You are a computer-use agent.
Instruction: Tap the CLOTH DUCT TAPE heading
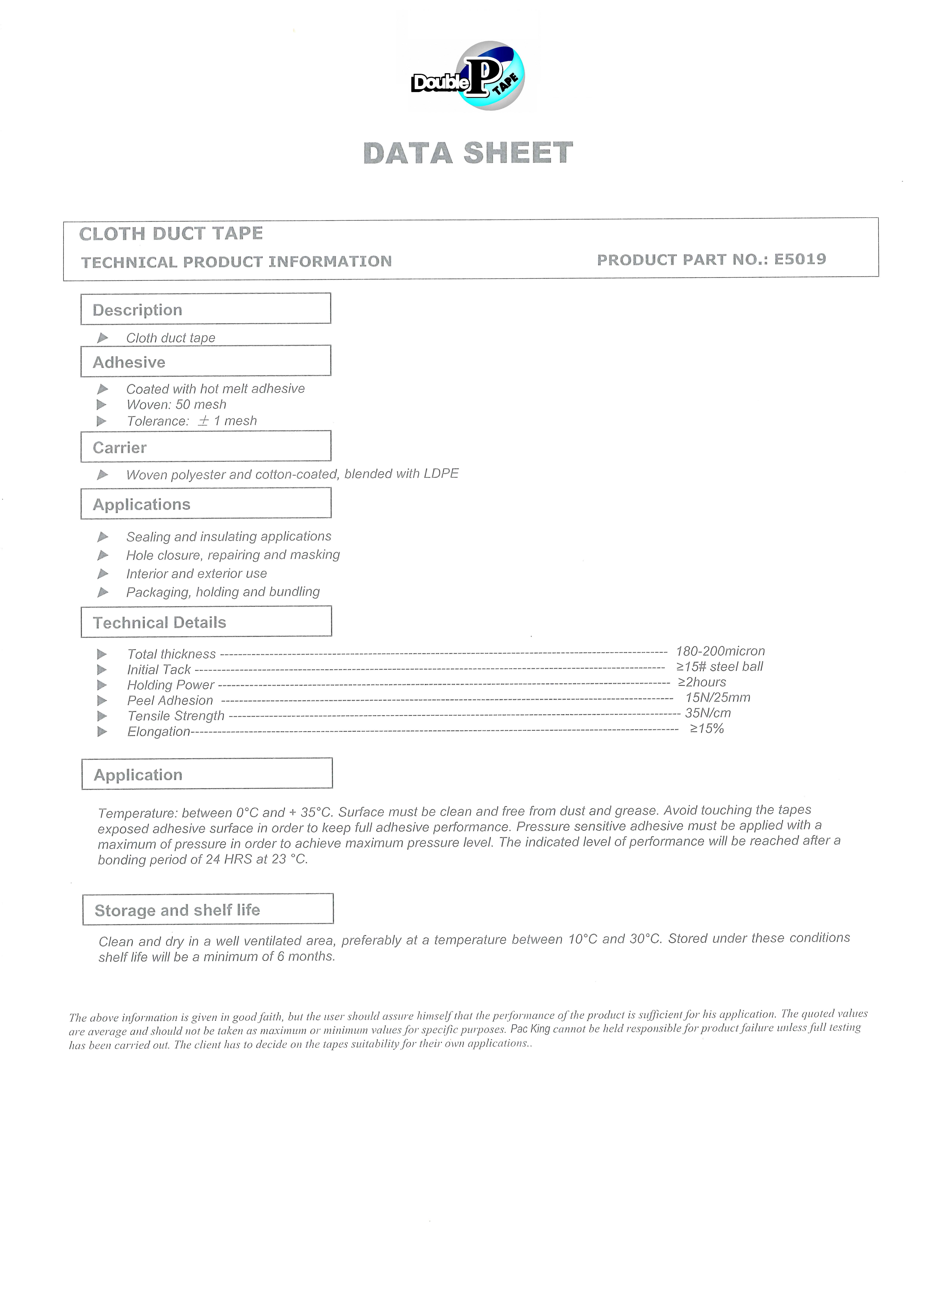[x=171, y=234]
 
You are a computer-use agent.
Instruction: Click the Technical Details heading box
[x=206, y=622]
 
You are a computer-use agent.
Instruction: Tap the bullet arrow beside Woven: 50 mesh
[x=102, y=405]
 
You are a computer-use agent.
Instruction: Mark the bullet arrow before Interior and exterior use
[x=103, y=573]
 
